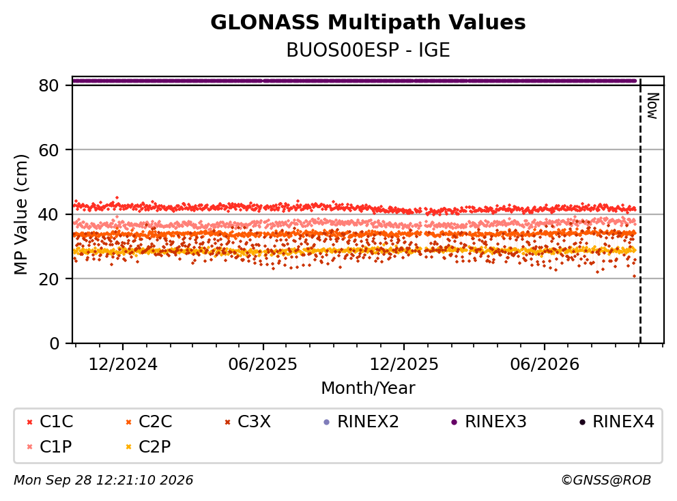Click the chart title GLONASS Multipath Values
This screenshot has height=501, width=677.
pyautogui.click(x=368, y=23)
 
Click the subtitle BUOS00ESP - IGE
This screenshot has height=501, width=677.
pyautogui.click(x=368, y=50)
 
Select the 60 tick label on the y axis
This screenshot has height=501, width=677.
pyautogui.click(x=48, y=150)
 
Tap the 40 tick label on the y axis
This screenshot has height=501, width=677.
pyautogui.click(x=48, y=214)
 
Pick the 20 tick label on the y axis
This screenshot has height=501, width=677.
pyautogui.click(x=48, y=278)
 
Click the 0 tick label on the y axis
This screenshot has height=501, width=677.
pyautogui.click(x=54, y=343)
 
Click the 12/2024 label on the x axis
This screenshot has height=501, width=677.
pyautogui.click(x=123, y=364)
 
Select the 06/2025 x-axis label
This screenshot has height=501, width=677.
pyautogui.click(x=263, y=364)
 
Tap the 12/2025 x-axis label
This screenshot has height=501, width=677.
pyautogui.click(x=404, y=364)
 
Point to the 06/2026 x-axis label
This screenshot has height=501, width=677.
pyautogui.click(x=545, y=364)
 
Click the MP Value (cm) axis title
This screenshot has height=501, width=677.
pyautogui.click(x=20, y=214)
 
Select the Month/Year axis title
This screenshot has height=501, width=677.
pyautogui.click(x=368, y=388)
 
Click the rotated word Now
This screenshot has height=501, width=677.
pyautogui.click(x=652, y=106)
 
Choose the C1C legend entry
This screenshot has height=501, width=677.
pyautogui.click(x=50, y=422)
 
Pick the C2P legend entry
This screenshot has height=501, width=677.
pyautogui.click(x=149, y=446)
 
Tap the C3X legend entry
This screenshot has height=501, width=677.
pyautogui.click(x=248, y=422)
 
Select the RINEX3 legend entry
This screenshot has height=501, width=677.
pyautogui.click(x=489, y=422)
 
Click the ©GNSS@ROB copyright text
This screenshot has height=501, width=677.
pyautogui.click(x=606, y=480)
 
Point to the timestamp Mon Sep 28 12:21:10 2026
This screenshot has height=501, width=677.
pyautogui.click(x=104, y=480)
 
